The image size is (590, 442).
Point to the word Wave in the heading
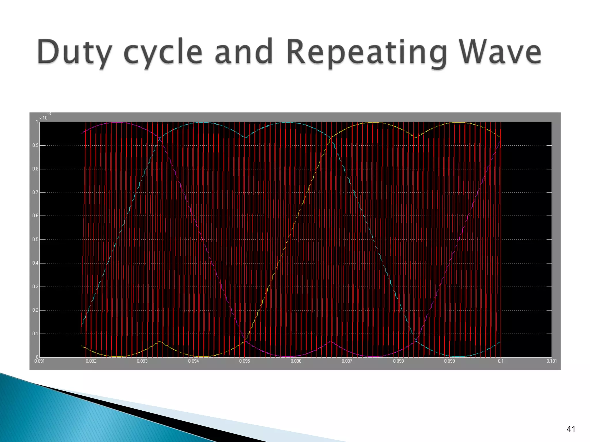[500, 52]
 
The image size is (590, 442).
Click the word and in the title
[244, 52]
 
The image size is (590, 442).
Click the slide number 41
[571, 429]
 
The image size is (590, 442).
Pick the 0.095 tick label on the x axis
[245, 361]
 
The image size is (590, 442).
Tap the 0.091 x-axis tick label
[39, 361]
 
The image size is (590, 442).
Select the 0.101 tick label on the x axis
[551, 361]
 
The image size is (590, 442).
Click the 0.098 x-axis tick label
[398, 361]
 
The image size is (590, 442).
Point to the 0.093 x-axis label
[142, 361]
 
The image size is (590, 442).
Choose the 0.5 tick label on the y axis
[35, 239]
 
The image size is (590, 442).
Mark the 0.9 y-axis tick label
[35, 145]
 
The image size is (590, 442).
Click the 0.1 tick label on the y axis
[35, 334]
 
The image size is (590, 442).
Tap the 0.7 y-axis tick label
[35, 192]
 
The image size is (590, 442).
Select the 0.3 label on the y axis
[35, 287]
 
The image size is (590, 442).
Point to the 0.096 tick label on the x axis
[296, 361]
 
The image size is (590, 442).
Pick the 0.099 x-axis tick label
[449, 361]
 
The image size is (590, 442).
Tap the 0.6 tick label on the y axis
[35, 216]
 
